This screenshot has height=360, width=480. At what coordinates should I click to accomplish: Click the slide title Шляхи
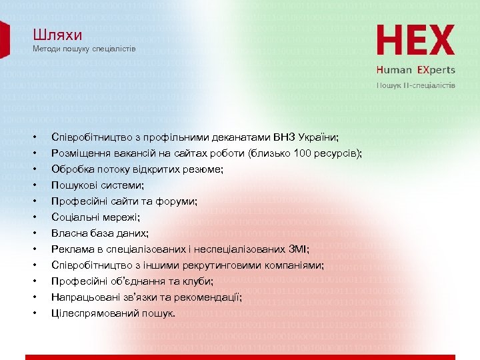coord(53,36)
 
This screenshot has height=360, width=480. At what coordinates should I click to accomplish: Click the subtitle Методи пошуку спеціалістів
coord(84,50)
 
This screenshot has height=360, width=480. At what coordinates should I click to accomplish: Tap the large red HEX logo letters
coord(416,41)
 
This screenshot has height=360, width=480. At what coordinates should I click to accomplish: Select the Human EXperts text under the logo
coord(416,69)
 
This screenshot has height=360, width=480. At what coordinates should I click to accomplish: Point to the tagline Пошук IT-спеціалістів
coord(417,85)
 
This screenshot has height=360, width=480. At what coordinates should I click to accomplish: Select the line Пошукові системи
coord(97,185)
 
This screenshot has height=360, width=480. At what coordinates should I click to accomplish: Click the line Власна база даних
coord(100,233)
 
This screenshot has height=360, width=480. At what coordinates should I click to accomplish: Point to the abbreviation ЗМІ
coord(295,249)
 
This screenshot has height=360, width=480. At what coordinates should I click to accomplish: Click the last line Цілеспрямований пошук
coord(113,313)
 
